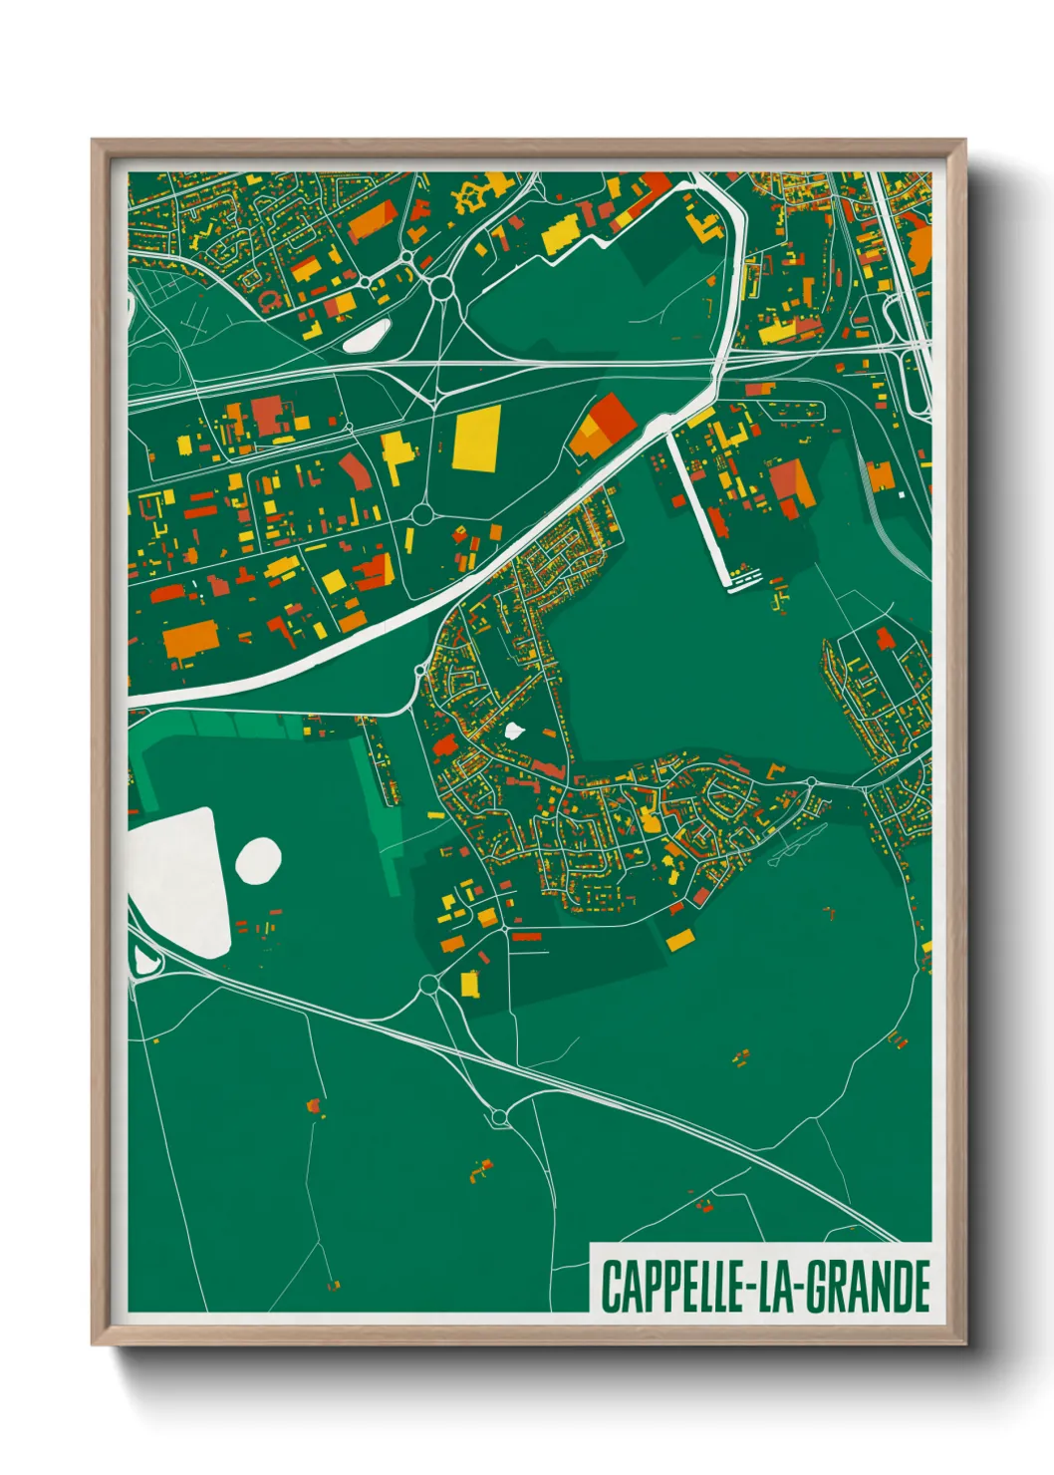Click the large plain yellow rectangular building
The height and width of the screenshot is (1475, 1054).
tap(476, 439)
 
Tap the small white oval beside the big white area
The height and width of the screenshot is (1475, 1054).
tap(258, 860)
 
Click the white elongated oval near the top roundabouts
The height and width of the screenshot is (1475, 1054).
tap(368, 335)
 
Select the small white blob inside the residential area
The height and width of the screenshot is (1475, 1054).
tap(514, 731)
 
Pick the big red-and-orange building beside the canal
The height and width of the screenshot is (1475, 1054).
tap(603, 426)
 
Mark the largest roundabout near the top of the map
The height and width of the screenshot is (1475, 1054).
tap(441, 288)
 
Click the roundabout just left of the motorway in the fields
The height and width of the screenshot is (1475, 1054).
tap(499, 1119)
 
